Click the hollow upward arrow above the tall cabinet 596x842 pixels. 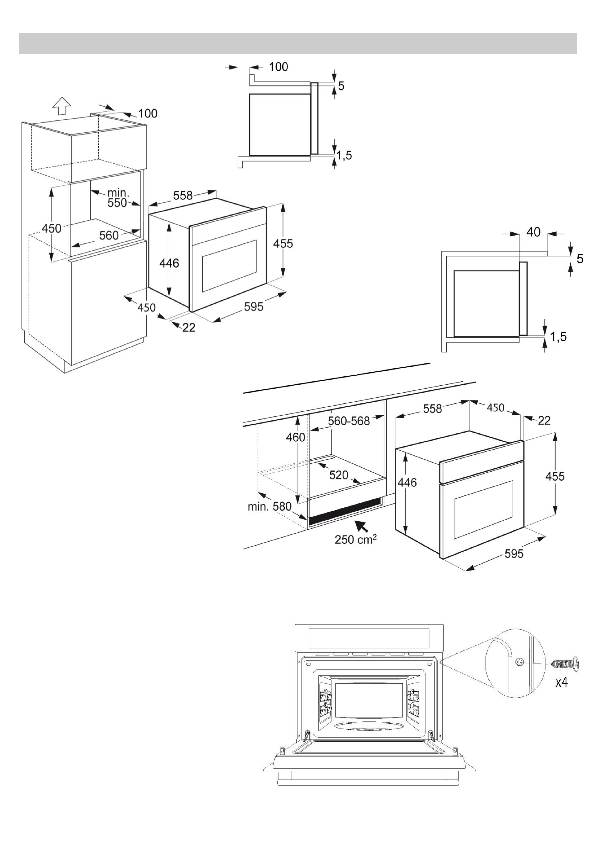61,105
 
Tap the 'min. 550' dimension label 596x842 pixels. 117,198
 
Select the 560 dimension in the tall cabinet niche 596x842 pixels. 109,235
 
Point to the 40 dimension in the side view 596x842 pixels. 533,232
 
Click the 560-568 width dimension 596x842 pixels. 348,421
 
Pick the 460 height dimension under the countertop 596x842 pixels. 295,437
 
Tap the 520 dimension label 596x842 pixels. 339,475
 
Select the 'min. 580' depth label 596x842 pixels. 269,506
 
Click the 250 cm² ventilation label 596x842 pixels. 356,540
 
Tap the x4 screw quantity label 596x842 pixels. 562,682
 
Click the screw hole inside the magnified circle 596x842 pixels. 520,662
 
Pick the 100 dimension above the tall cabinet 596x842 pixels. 147,113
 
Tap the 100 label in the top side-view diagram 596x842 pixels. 278,67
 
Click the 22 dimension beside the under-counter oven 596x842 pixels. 544,420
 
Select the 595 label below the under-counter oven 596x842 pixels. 514,553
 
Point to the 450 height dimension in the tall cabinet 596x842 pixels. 51,228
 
